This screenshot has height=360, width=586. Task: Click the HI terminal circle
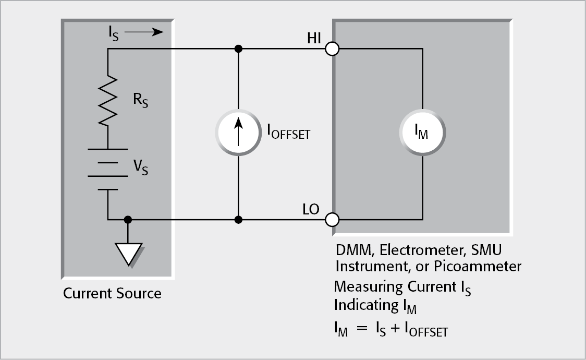(332, 50)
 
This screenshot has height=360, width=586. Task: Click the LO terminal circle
(332, 219)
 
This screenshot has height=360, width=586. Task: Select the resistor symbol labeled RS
(108, 100)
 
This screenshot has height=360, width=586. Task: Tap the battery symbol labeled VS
(108, 170)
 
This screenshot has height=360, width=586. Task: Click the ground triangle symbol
(128, 253)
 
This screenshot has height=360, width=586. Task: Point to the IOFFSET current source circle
(238, 134)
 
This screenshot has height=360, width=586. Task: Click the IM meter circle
(422, 134)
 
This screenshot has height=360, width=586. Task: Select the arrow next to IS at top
(144, 32)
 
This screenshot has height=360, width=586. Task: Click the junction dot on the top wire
(238, 49)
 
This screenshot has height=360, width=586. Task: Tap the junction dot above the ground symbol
(128, 220)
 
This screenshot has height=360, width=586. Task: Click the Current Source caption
(112, 293)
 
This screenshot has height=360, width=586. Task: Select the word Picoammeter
(482, 266)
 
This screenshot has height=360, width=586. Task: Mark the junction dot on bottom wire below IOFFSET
(238, 220)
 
